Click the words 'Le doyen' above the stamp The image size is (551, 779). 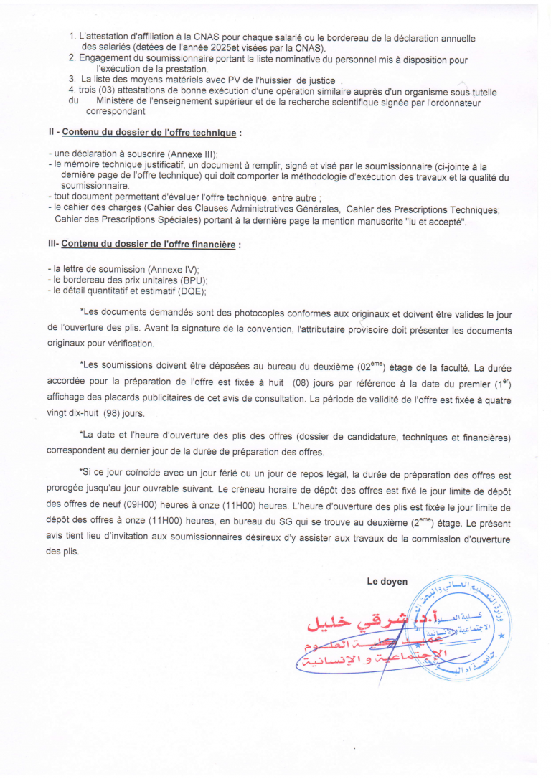[x=387, y=582]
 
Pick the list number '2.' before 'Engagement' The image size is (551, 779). [x=72, y=57]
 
